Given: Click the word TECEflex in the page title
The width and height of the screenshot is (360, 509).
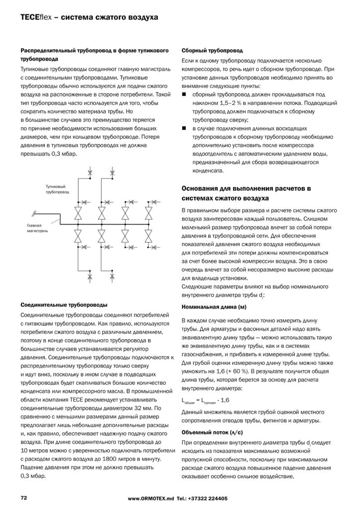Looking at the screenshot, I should click(x=35, y=17).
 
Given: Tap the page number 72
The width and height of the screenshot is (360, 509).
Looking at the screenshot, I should click(x=23, y=498).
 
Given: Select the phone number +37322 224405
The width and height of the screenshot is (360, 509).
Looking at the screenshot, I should click(x=209, y=498).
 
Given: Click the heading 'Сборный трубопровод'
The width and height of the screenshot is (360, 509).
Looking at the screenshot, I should click(x=212, y=51).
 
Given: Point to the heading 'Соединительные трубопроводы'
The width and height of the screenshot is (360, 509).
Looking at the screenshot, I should click(x=64, y=304).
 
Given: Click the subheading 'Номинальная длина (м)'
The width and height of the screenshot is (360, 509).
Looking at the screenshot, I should click(x=211, y=307).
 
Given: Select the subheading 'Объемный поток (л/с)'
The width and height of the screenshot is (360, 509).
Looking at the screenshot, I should click(x=208, y=432).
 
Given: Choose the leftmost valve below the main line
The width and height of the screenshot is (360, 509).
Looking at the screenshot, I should click(x=78, y=234).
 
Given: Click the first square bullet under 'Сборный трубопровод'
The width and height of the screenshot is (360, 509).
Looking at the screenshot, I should click(x=183, y=94).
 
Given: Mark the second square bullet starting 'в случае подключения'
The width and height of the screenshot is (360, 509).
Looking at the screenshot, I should click(x=183, y=128).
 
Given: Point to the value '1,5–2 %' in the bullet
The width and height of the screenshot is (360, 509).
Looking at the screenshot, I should click(x=225, y=102).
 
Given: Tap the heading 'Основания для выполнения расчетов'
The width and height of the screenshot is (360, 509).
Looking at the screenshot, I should click(x=246, y=189).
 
